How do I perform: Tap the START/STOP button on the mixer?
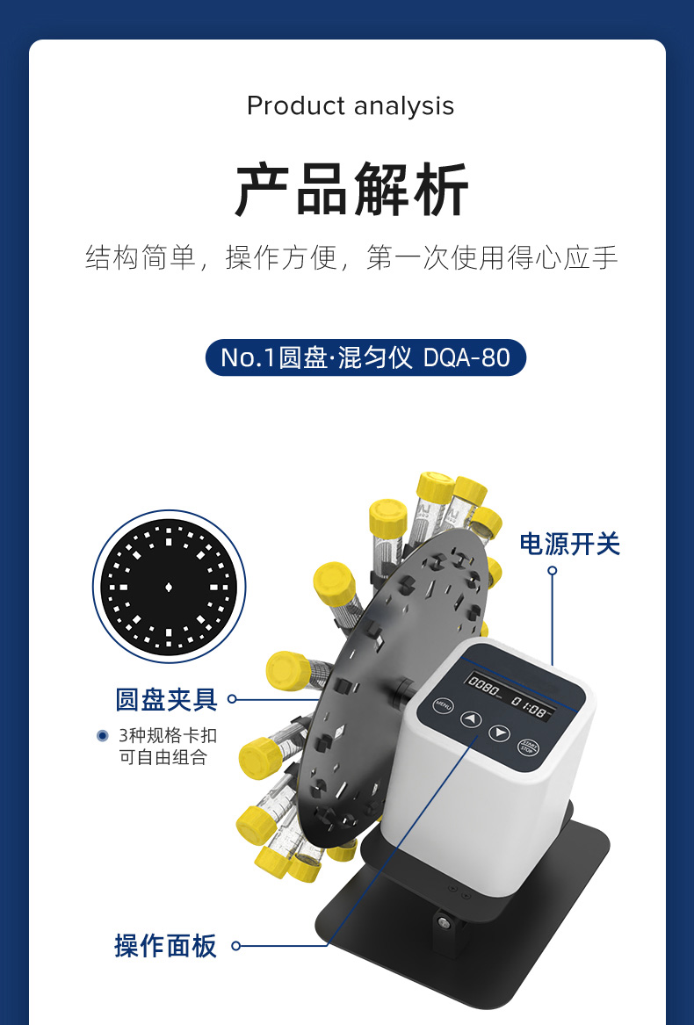pos(528,747)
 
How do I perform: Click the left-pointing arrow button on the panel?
pos(471,719)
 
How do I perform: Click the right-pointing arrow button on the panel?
pos(500,733)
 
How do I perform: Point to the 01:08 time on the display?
pos(529,707)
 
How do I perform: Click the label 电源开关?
pos(570,544)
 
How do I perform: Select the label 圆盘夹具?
pos(167,699)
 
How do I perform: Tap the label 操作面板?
pos(165,945)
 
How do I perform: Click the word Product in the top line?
pos(296,106)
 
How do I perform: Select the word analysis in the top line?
pos(403,106)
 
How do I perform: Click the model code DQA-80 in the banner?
pos(467,357)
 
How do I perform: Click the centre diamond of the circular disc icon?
pos(169,587)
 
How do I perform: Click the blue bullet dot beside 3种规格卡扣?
pos(102,736)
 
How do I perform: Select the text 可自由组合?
pos(163,757)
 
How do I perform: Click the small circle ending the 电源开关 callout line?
pos(553,571)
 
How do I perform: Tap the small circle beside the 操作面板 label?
pos(236,945)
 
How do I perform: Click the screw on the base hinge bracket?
pos(445,924)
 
